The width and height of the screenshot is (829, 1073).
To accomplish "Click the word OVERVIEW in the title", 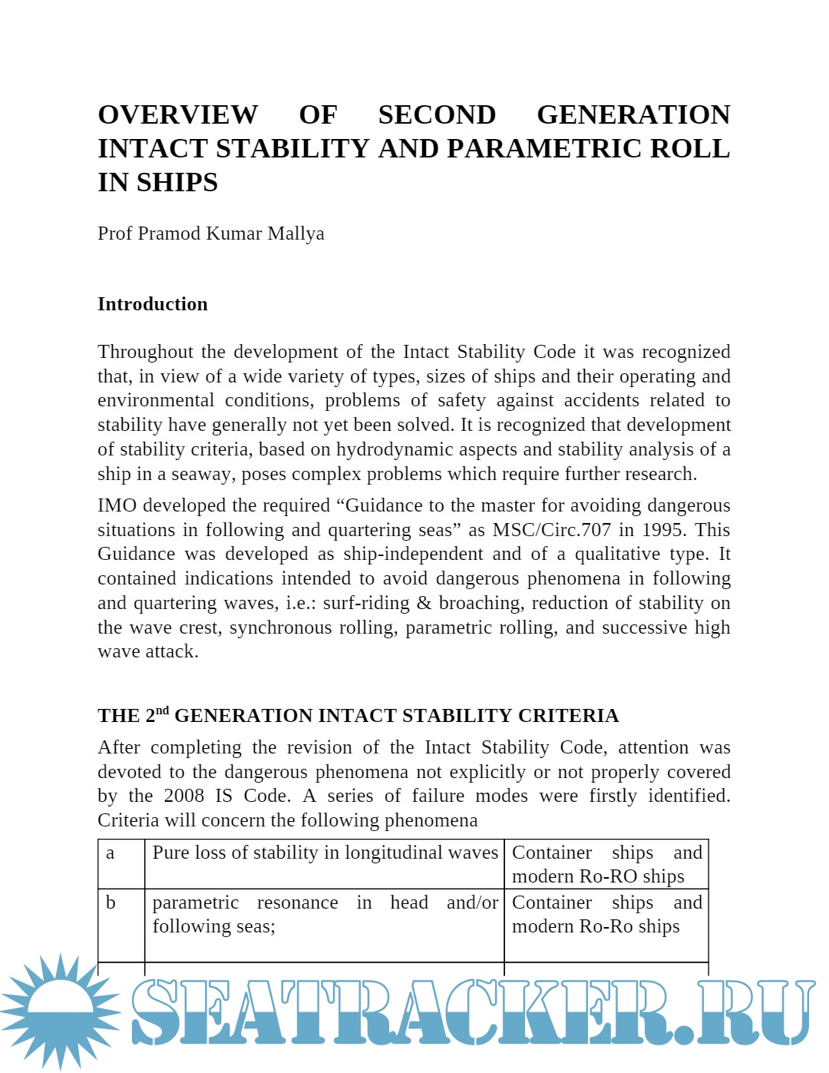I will [x=177, y=114].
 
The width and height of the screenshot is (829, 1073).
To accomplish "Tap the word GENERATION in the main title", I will [x=633, y=114].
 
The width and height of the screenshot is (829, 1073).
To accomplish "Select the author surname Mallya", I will [x=296, y=233].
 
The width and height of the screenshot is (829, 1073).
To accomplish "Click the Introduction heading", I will [x=152, y=304].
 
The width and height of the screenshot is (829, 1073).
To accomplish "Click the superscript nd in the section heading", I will [x=162, y=710].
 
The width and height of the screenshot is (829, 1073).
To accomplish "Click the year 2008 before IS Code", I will [x=184, y=796].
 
